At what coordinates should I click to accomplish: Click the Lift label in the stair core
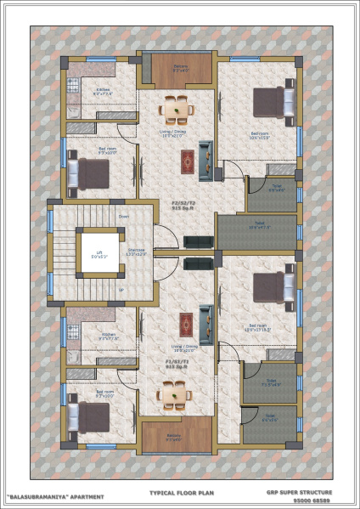click(100, 252)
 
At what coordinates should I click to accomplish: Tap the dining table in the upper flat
click(178, 109)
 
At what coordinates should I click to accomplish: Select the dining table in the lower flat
click(172, 393)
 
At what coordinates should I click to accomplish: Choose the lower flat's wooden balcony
click(176, 434)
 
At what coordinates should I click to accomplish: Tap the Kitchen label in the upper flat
click(103, 90)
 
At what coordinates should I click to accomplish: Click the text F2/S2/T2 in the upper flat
click(183, 205)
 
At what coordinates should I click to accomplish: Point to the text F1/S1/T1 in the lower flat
click(178, 361)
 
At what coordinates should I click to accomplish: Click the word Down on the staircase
click(124, 217)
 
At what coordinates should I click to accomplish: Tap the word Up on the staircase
click(121, 290)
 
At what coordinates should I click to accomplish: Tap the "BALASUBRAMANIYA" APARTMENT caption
click(55, 496)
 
